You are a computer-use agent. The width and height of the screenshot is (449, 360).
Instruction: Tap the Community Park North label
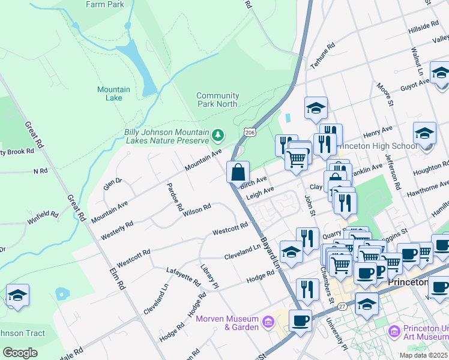[x=217, y=100]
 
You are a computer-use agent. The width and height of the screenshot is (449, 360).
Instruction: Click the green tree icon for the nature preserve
[x=218, y=133]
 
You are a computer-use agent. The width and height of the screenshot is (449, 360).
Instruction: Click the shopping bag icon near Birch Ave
[x=238, y=172]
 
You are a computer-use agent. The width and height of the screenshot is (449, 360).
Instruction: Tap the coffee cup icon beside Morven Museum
[x=300, y=319]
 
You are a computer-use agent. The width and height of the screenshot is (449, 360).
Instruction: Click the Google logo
[x=20, y=352]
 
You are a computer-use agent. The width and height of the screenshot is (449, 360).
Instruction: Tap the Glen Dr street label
[x=112, y=184]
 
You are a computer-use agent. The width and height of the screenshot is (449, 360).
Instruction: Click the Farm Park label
[x=104, y=4]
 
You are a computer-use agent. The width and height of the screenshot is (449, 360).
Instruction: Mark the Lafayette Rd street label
[x=183, y=277]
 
